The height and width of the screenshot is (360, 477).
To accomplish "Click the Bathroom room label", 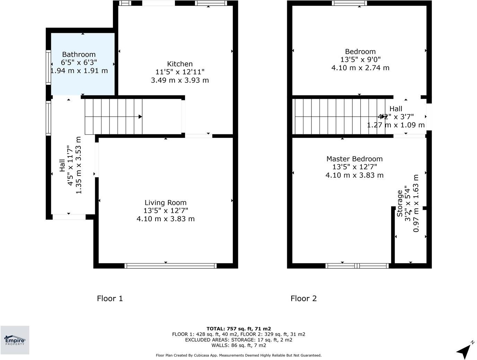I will coord(79,54).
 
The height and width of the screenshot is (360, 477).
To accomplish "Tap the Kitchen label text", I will coord(180,64).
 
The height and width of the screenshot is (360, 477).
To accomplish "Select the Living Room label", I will coord(165,202).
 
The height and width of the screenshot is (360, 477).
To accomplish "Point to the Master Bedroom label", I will coord(354,159).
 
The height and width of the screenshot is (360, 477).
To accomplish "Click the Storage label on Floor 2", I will coord(400,203).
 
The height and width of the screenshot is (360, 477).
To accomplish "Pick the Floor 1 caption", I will coord(110,298).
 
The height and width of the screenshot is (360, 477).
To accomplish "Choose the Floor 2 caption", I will coord(303,298).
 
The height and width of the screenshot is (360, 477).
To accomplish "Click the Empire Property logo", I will coord(15,340).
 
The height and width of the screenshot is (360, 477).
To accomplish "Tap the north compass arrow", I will coord(464,350).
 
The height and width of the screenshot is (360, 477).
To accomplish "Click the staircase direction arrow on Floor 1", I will coord(140,117).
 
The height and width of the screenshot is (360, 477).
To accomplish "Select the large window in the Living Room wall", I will coord(170,266).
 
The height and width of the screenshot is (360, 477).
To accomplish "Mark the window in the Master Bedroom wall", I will coord(357,266).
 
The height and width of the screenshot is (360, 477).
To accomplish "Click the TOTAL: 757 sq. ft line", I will coord(239,329).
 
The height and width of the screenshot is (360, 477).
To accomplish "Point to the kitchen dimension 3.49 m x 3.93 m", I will coord(180,80).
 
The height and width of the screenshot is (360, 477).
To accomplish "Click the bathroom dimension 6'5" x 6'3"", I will coord(79,63).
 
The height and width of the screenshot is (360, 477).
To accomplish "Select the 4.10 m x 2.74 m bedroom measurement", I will coord(360,68).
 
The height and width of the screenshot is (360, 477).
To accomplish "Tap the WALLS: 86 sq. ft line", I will coord(239,345).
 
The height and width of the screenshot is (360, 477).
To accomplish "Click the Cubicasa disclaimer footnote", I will coord(239,355).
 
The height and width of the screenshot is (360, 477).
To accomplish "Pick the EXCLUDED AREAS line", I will coord(239,340).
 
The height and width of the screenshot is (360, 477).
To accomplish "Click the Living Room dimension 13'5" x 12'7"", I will coord(166,210).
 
